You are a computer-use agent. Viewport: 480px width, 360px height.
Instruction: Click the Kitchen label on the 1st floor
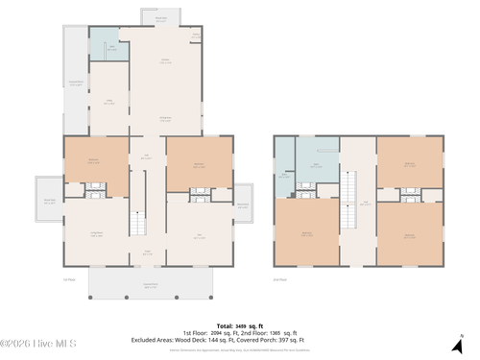[x=164, y=60]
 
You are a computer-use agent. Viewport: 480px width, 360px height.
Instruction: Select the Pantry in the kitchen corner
[x=196, y=36]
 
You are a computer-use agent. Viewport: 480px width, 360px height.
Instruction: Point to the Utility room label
[x=109, y=101]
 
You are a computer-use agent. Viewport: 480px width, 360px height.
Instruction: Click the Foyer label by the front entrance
[x=147, y=252]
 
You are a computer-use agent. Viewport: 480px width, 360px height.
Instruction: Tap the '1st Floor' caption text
[x=68, y=279]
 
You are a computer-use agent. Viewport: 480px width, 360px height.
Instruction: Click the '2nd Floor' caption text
[x=280, y=279]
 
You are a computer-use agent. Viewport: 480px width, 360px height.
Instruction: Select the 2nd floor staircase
[x=351, y=186]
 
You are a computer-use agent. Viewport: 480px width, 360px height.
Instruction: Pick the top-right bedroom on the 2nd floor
[x=409, y=163]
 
